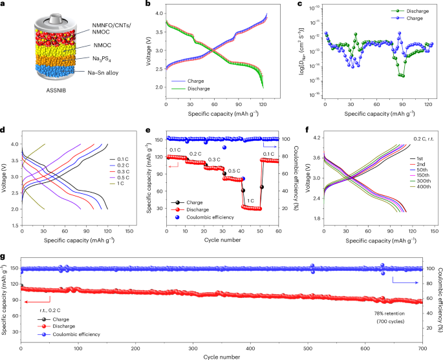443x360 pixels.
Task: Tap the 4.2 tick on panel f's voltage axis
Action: [314, 138]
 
